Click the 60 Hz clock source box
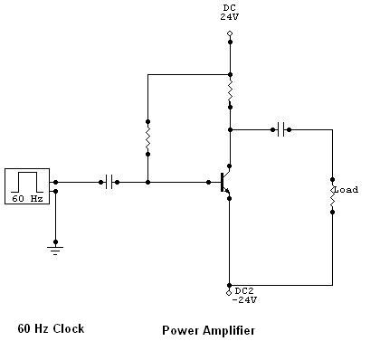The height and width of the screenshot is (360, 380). point(27,186)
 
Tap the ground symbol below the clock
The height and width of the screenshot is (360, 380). point(55,251)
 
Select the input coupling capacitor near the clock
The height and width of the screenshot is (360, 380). point(109,182)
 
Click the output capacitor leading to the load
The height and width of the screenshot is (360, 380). point(280,129)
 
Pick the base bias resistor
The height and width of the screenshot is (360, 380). point(147,137)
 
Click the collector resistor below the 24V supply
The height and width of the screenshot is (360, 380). point(230,90)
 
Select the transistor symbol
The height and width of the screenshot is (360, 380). point(225,183)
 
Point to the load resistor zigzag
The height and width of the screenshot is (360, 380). point(332,195)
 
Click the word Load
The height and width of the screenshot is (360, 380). point(347,190)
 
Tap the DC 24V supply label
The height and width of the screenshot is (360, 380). point(230,13)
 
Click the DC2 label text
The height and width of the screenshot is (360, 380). point(244,291)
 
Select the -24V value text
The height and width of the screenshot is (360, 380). point(244,300)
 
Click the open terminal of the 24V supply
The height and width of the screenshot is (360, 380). point(230,33)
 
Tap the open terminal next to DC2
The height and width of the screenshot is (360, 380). point(229,292)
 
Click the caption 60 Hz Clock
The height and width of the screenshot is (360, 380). point(51,328)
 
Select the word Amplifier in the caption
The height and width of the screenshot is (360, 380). point(229,331)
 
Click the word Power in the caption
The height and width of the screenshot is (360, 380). point(181,330)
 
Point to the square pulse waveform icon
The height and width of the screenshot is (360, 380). point(27,182)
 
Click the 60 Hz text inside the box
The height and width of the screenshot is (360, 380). point(27,198)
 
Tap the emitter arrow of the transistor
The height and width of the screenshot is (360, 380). point(227,191)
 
